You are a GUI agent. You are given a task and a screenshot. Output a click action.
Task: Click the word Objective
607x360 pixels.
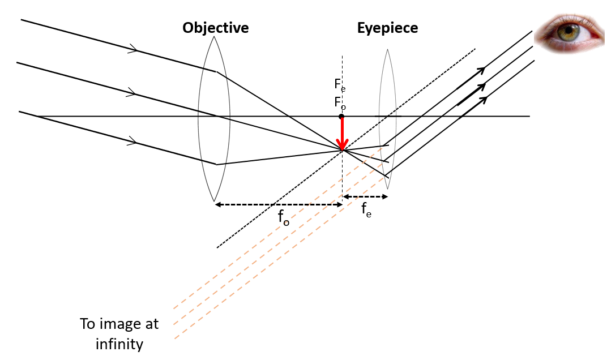215,28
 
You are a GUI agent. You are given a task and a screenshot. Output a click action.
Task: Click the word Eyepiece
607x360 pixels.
387,28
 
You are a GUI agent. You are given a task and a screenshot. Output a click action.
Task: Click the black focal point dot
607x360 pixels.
341,117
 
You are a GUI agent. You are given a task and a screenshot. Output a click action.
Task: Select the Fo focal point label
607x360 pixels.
339,103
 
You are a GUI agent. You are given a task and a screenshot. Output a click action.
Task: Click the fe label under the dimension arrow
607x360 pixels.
366,211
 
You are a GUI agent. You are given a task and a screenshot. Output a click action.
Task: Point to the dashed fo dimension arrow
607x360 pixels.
278,204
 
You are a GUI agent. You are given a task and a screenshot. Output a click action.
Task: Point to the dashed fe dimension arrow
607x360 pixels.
366,197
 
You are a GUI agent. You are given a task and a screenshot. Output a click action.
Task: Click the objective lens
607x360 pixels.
214,119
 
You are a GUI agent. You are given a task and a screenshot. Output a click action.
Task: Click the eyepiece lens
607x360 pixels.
387,119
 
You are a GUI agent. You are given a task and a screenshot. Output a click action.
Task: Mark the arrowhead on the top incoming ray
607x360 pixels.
133,50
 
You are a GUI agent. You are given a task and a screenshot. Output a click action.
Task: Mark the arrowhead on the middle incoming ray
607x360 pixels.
131,92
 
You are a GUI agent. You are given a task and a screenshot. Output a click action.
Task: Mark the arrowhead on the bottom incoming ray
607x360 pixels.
132,140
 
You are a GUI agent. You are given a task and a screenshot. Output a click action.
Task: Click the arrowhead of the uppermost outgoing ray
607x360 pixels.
481,70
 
